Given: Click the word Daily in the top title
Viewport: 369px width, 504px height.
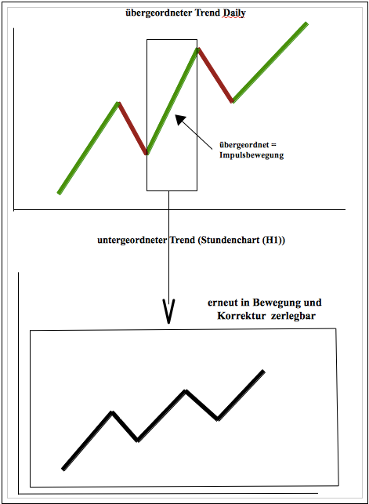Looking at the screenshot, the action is pos(234,13).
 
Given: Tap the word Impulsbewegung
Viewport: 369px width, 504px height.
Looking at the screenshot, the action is pos(251,155).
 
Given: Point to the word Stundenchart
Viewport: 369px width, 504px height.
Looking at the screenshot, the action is pos(228,240).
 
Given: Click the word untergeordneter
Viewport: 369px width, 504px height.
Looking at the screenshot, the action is pos(132,241).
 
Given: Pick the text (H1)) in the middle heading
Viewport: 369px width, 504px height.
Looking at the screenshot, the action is pos(273,240).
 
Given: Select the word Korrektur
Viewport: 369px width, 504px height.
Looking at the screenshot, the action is pos(241,316).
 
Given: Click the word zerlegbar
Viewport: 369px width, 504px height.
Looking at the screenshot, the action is pos(293,316).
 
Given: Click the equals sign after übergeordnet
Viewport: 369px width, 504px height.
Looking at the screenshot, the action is pos(273,145).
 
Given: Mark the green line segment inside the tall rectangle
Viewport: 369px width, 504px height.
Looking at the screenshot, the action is pos(172,101).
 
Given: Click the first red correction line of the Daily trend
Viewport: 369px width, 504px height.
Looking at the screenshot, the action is pos(132,129).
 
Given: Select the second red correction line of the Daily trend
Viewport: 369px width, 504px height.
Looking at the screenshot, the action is pos(215,75).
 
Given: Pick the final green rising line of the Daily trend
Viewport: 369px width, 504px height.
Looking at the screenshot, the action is pos(270,63).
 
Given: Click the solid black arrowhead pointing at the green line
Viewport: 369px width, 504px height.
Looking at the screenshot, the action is pos(180,120).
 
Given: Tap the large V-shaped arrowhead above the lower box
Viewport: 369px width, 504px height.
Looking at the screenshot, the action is pos(168,311).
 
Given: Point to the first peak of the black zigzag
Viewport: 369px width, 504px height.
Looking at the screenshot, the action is pos(112,412).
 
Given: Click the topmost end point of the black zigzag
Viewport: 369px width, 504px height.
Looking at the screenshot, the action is pos(264,372).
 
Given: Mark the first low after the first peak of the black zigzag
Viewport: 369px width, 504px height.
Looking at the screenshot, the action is pos(138,440).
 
